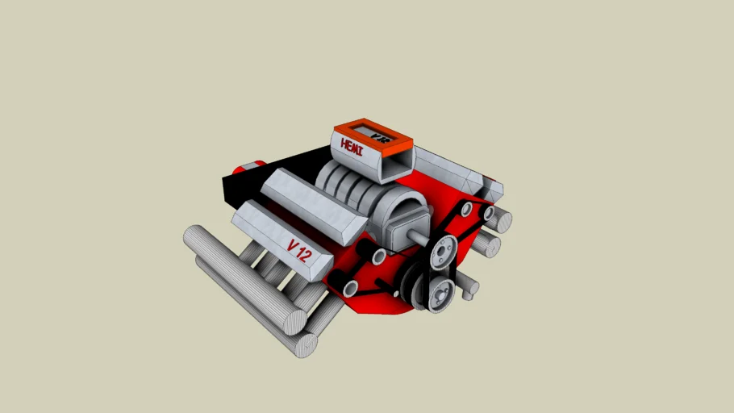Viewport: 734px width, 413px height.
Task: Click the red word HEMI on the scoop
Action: pos(353,147)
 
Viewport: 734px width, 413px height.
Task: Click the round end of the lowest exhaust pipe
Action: pos(307,345)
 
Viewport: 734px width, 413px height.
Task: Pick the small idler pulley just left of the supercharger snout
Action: pos(377,257)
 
